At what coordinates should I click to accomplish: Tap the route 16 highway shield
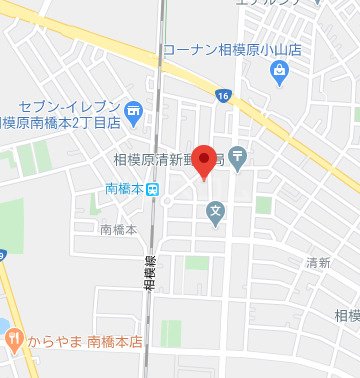(x=222, y=95)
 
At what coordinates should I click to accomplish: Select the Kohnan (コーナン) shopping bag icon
(x=279, y=70)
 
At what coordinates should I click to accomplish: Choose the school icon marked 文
(x=215, y=211)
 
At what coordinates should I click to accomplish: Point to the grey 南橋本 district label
(x=119, y=229)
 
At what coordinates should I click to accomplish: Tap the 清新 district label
(x=318, y=263)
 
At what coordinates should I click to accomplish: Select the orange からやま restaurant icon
(x=12, y=339)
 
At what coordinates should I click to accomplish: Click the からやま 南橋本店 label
(x=85, y=340)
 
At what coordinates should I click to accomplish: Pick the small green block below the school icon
(x=197, y=262)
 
